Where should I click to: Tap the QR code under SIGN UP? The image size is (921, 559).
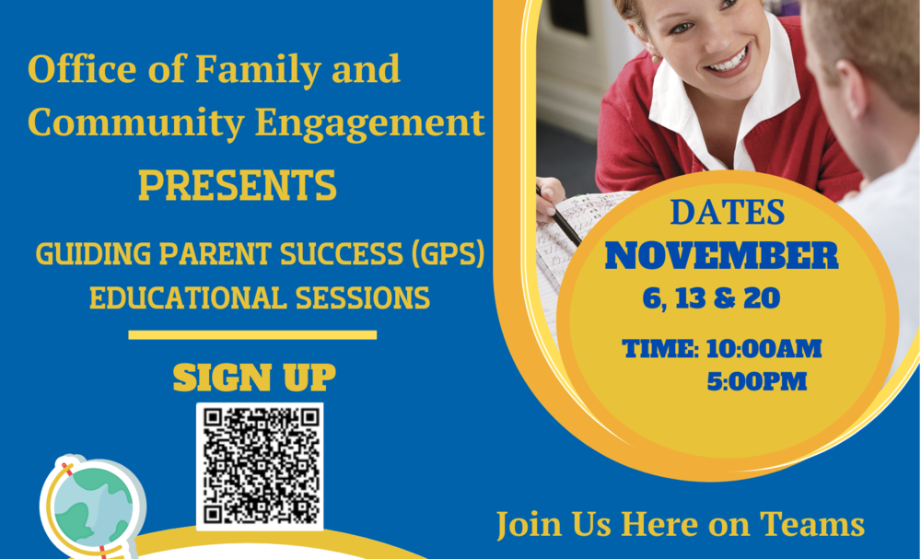pyautogui.click(x=260, y=466)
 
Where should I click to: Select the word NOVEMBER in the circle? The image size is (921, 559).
pyautogui.click(x=721, y=256)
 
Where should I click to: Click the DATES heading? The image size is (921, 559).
pyautogui.click(x=727, y=213)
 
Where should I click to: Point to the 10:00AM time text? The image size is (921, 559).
pyautogui.click(x=764, y=349)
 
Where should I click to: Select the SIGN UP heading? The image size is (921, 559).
pyautogui.click(x=254, y=378)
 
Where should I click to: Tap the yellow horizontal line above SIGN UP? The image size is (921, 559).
pyautogui.click(x=252, y=334)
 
